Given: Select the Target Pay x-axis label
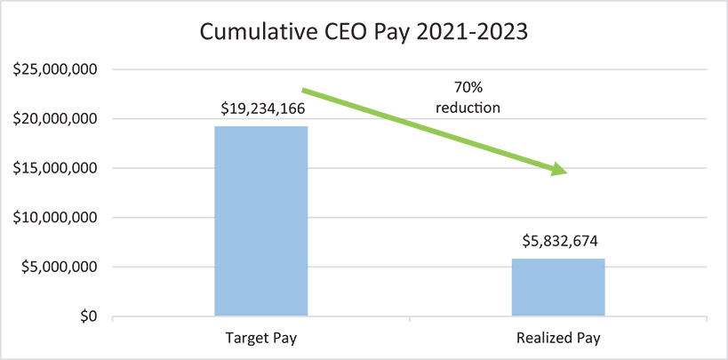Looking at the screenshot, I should click(x=260, y=340).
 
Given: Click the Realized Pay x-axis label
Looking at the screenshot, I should click(x=558, y=340).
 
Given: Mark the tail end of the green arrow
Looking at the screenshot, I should click(x=305, y=90).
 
